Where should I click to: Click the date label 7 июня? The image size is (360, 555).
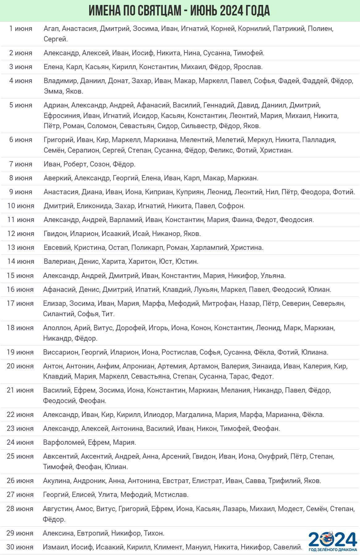(21, 164)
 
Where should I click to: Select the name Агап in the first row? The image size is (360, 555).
(51, 29)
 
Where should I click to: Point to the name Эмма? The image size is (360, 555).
(53, 91)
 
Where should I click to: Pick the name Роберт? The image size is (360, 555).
(75, 164)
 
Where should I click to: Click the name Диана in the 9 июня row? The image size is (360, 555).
(92, 192)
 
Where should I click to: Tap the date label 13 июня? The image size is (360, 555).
(21, 247)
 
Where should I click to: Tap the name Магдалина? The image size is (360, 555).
(194, 414)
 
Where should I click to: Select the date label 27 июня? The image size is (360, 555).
(20, 494)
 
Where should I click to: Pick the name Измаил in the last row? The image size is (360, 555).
(55, 547)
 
